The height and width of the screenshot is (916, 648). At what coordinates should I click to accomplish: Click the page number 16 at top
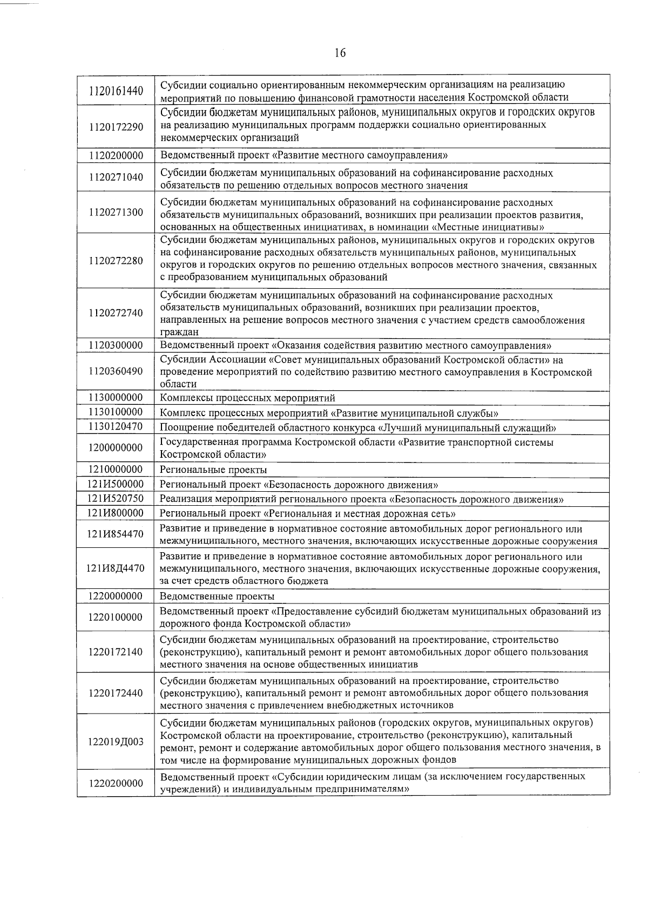(340, 53)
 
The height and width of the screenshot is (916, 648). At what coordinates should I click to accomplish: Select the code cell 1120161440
(116, 91)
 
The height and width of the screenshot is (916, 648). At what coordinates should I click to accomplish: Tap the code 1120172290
(116, 127)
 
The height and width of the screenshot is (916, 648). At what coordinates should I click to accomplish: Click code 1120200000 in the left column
(116, 155)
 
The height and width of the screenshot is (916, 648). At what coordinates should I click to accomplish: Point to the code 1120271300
(116, 212)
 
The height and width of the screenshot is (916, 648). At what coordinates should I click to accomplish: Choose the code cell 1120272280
(116, 261)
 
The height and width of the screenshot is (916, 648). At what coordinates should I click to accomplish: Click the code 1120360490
(116, 372)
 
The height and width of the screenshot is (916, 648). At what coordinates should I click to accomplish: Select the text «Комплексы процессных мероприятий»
(247, 398)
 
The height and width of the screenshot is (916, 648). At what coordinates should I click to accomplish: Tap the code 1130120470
(116, 427)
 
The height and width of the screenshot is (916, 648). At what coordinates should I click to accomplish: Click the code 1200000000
(116, 447)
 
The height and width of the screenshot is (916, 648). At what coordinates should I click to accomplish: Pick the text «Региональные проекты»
(213, 470)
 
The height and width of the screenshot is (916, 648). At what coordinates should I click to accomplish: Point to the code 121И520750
(116, 498)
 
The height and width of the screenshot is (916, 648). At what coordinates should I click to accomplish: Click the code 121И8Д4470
(116, 568)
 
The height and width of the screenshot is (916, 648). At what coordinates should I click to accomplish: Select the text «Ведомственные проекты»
(217, 596)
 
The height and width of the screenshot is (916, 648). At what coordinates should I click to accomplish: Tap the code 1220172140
(116, 652)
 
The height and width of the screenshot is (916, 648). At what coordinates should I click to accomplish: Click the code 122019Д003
(116, 742)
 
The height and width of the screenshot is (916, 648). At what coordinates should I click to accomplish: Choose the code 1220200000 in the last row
(116, 783)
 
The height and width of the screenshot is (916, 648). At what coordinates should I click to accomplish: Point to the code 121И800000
(116, 512)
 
